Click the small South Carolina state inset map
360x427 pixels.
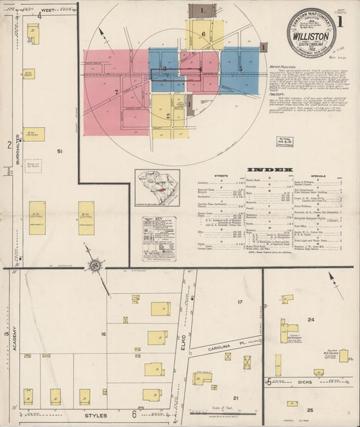[x=157, y=189]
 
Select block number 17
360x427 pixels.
[x=240, y=301]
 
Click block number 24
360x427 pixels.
[x=311, y=320]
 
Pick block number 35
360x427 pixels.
[x=309, y=409]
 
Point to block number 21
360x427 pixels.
[x=236, y=398]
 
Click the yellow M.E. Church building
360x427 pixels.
[x=343, y=355]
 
